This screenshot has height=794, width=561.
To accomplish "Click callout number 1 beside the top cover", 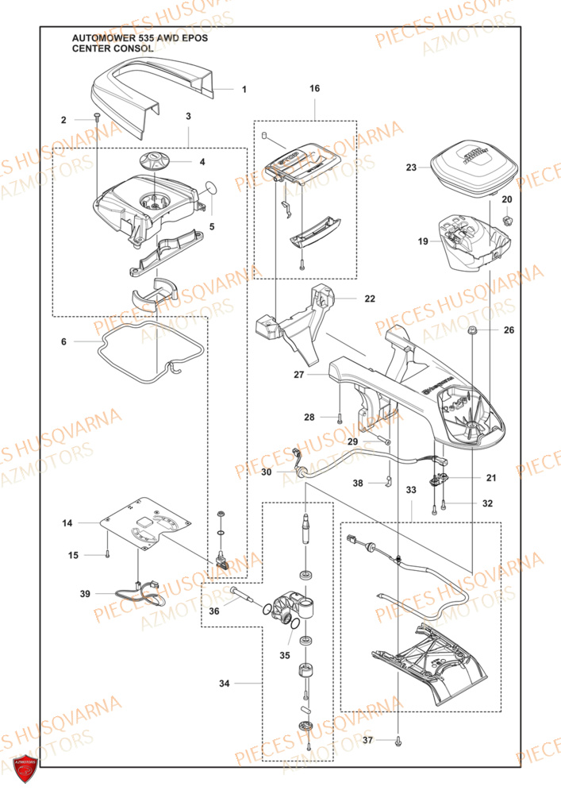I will (244, 90).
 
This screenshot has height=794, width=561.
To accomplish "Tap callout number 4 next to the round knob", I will (202, 162).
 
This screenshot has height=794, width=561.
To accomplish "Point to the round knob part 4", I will (156, 161).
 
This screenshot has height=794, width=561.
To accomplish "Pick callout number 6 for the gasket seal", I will (63, 341).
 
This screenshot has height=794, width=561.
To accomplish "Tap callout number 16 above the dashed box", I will (315, 89).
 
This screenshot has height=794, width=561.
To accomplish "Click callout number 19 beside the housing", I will (423, 241).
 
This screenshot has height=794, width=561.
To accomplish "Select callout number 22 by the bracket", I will (370, 299).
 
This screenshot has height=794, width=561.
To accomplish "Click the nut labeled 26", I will (471, 330).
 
